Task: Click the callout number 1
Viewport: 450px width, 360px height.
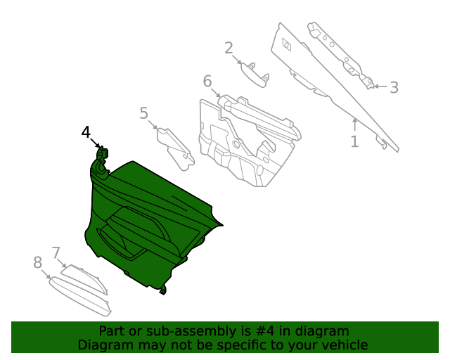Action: (354, 141)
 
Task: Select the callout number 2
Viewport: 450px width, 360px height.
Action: (229, 48)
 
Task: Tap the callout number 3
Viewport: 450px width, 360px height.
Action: (394, 87)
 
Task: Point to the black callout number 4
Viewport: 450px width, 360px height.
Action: (86, 131)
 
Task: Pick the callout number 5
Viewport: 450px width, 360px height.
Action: (143, 112)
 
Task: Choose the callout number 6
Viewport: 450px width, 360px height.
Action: (207, 82)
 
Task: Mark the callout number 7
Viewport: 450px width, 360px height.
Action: (56, 252)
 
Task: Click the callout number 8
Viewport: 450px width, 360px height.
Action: (38, 263)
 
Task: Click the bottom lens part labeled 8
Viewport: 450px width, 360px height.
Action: (81, 295)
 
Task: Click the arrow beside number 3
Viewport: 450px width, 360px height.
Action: (378, 86)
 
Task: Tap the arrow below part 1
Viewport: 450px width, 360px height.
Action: (355, 124)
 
